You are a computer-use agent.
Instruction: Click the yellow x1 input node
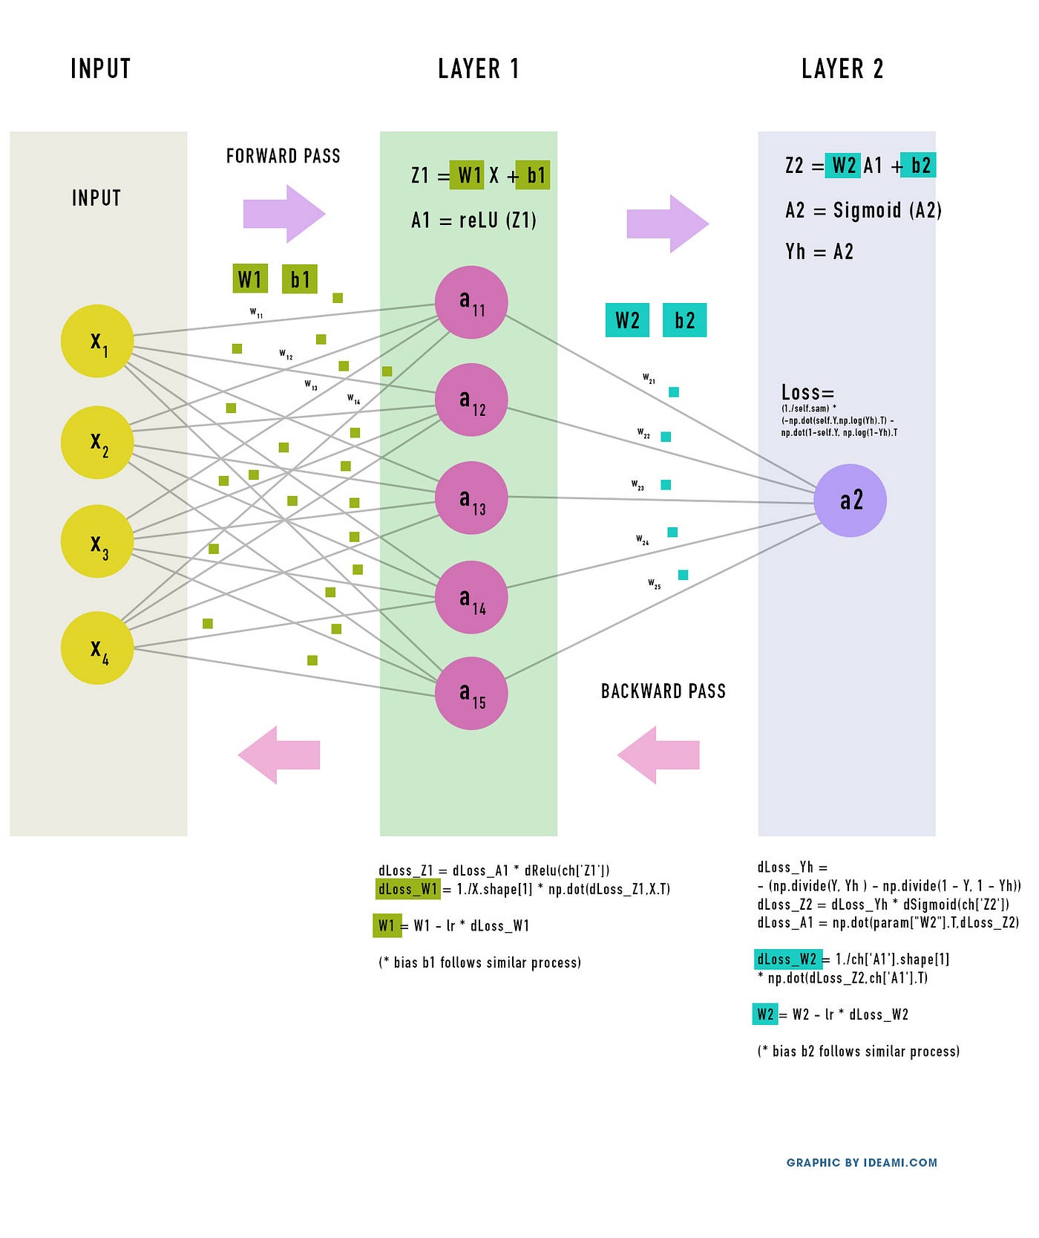(97, 341)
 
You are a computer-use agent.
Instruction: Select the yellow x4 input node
(97, 648)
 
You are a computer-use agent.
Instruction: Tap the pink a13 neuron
(471, 498)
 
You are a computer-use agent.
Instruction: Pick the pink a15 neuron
(471, 693)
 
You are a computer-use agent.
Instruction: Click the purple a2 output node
(850, 500)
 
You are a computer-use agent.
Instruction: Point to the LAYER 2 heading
(842, 69)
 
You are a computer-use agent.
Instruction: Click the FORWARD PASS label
(283, 156)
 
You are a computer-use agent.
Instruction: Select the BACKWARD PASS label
(663, 691)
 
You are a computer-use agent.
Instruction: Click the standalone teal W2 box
(627, 320)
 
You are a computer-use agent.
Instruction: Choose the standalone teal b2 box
(684, 320)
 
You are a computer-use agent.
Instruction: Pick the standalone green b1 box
(300, 279)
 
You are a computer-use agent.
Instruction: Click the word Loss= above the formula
(807, 392)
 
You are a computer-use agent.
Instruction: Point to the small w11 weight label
(256, 313)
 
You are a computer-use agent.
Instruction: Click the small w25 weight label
(654, 584)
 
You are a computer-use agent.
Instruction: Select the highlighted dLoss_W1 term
(408, 889)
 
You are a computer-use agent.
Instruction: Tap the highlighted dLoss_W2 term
(787, 959)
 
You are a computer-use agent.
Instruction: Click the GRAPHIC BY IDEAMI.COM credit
(862, 1162)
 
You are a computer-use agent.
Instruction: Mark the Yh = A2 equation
(819, 252)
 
